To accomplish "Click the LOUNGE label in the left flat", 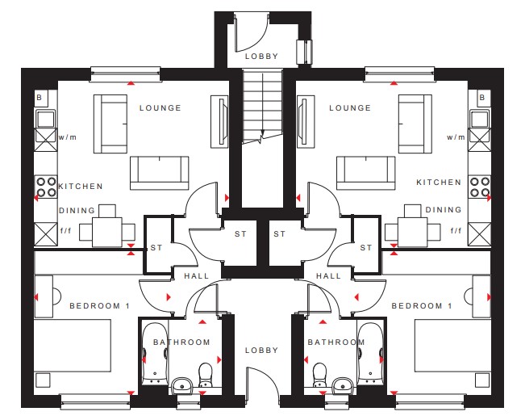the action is (x=160, y=108).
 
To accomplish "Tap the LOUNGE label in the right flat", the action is (x=350, y=108).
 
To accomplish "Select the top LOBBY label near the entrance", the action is (x=261, y=57).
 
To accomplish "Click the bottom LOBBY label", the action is (x=261, y=350).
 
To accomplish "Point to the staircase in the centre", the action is (x=262, y=107).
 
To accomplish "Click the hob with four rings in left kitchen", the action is (x=46, y=187).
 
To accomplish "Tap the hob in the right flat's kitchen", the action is (x=480, y=187).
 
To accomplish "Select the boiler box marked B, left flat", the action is (x=41, y=98).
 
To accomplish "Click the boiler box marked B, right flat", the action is (x=483, y=98).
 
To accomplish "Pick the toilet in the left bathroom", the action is (x=206, y=375).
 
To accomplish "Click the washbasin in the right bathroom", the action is (x=344, y=384).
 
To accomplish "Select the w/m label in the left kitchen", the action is (x=68, y=136).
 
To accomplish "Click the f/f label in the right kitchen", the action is (x=456, y=230).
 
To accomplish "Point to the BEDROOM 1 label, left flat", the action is (x=99, y=306).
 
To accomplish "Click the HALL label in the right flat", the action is (x=328, y=276).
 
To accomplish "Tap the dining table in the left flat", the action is (x=107, y=232).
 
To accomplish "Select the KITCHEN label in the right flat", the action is (x=439, y=182).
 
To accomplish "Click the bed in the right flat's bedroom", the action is (x=453, y=346).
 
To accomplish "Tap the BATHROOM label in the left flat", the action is (x=181, y=342).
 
